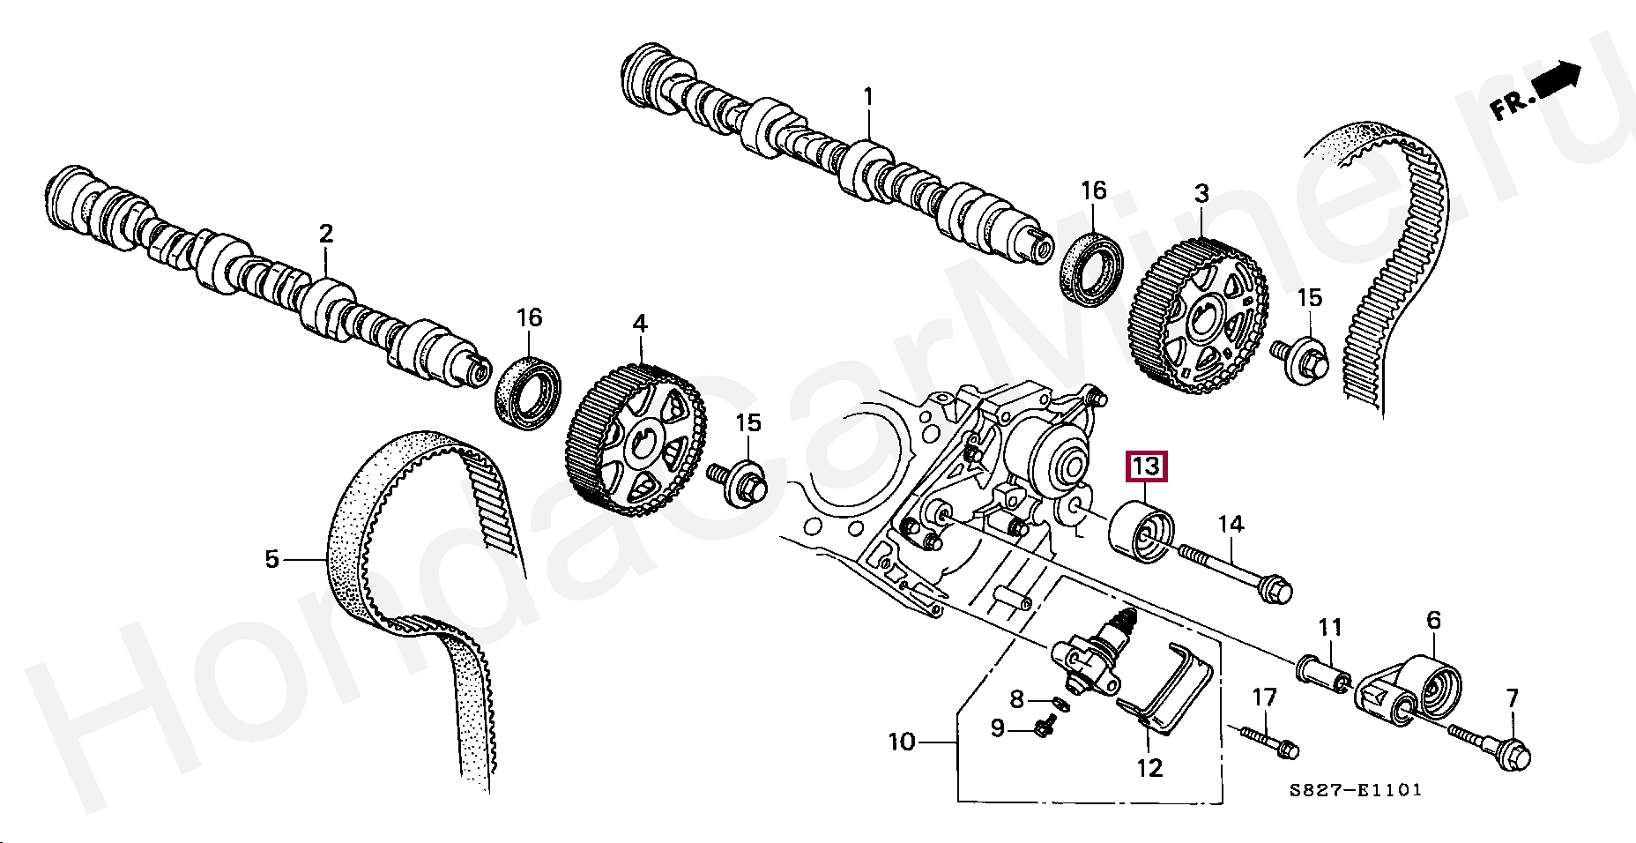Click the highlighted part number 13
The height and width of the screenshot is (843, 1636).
coord(1145,465)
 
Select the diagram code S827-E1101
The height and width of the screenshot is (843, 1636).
coord(1355,790)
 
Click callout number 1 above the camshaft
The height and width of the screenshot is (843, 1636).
coord(868,96)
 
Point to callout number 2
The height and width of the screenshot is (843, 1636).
coord(326,234)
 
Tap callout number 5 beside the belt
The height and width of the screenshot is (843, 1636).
coord(271,558)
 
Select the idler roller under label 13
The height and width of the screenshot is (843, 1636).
coord(1141,533)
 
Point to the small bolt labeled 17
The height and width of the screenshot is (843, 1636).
coord(1269,741)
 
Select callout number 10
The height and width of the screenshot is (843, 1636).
coord(901,742)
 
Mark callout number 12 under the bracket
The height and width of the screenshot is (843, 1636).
coord(1149,768)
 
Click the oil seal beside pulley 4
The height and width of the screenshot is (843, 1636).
coord(527,393)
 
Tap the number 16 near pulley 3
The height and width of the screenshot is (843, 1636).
coord(1093,190)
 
